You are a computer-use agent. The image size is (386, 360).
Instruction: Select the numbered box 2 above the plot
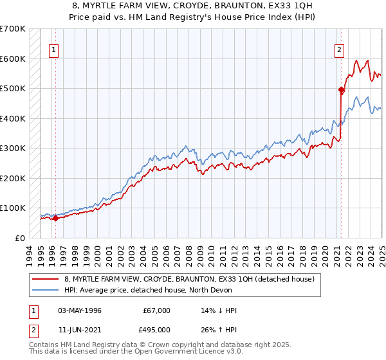[x=339, y=50]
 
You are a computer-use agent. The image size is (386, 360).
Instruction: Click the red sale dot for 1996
[x=55, y=218]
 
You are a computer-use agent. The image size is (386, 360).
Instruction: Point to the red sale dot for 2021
[x=341, y=90]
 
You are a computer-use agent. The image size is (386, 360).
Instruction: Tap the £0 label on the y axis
[x=20, y=238]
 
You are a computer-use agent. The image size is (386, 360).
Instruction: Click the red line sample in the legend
[x=46, y=279]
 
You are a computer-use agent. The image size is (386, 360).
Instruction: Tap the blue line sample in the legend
[x=46, y=290]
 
